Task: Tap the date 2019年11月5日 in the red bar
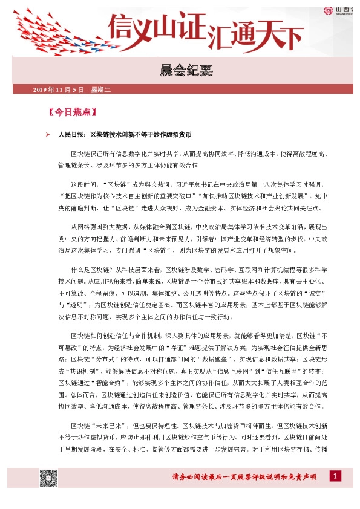click(57, 90)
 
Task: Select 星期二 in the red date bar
click(101, 90)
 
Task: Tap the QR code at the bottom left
click(48, 478)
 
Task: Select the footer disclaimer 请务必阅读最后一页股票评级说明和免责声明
click(244, 478)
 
